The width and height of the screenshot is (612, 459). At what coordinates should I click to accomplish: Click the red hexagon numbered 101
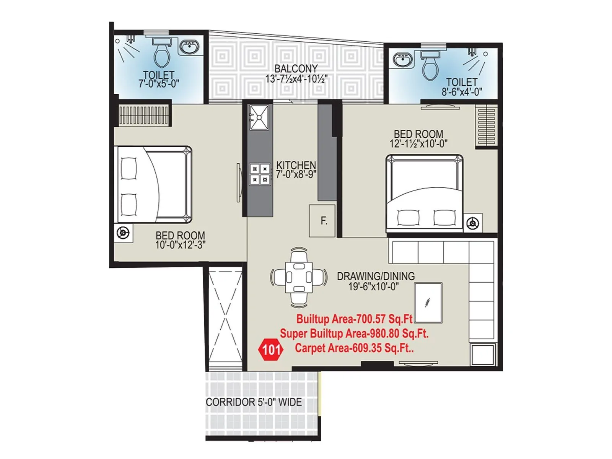pyautogui.click(x=271, y=349)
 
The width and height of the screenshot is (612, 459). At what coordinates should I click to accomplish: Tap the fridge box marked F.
pyautogui.click(x=322, y=221)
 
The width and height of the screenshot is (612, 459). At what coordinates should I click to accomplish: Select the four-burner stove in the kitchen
pyautogui.click(x=260, y=174)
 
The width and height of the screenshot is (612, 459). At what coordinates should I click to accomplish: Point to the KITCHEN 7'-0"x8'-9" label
pyautogui.click(x=296, y=170)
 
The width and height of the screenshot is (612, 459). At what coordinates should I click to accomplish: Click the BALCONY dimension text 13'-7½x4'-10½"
pyautogui.click(x=296, y=79)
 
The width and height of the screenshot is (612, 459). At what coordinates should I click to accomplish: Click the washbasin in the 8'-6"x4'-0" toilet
pyautogui.click(x=402, y=60)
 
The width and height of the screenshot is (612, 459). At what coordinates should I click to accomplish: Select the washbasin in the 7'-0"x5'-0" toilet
pyautogui.click(x=189, y=48)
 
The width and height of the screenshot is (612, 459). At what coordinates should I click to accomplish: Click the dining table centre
pyautogui.click(x=299, y=277)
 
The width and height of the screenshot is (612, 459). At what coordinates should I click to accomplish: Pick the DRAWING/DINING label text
pyautogui.click(x=375, y=276)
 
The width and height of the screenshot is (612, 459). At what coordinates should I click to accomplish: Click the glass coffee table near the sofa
pyautogui.click(x=428, y=303)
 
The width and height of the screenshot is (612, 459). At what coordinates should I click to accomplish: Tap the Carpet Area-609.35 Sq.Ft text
pyautogui.click(x=354, y=348)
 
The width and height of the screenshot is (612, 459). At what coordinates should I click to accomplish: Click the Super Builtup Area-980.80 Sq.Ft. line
pyautogui.click(x=354, y=334)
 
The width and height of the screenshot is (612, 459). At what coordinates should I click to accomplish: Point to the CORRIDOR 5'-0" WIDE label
pyautogui.click(x=254, y=402)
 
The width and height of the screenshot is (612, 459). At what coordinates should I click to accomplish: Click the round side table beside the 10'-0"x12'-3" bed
pyautogui.click(x=123, y=233)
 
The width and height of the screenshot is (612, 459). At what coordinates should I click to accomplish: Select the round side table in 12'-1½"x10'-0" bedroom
pyautogui.click(x=473, y=223)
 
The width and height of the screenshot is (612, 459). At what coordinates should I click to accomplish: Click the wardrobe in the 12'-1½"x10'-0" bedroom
pyautogui.click(x=486, y=126)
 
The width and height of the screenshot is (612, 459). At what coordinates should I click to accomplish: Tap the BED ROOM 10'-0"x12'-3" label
pyautogui.click(x=180, y=240)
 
